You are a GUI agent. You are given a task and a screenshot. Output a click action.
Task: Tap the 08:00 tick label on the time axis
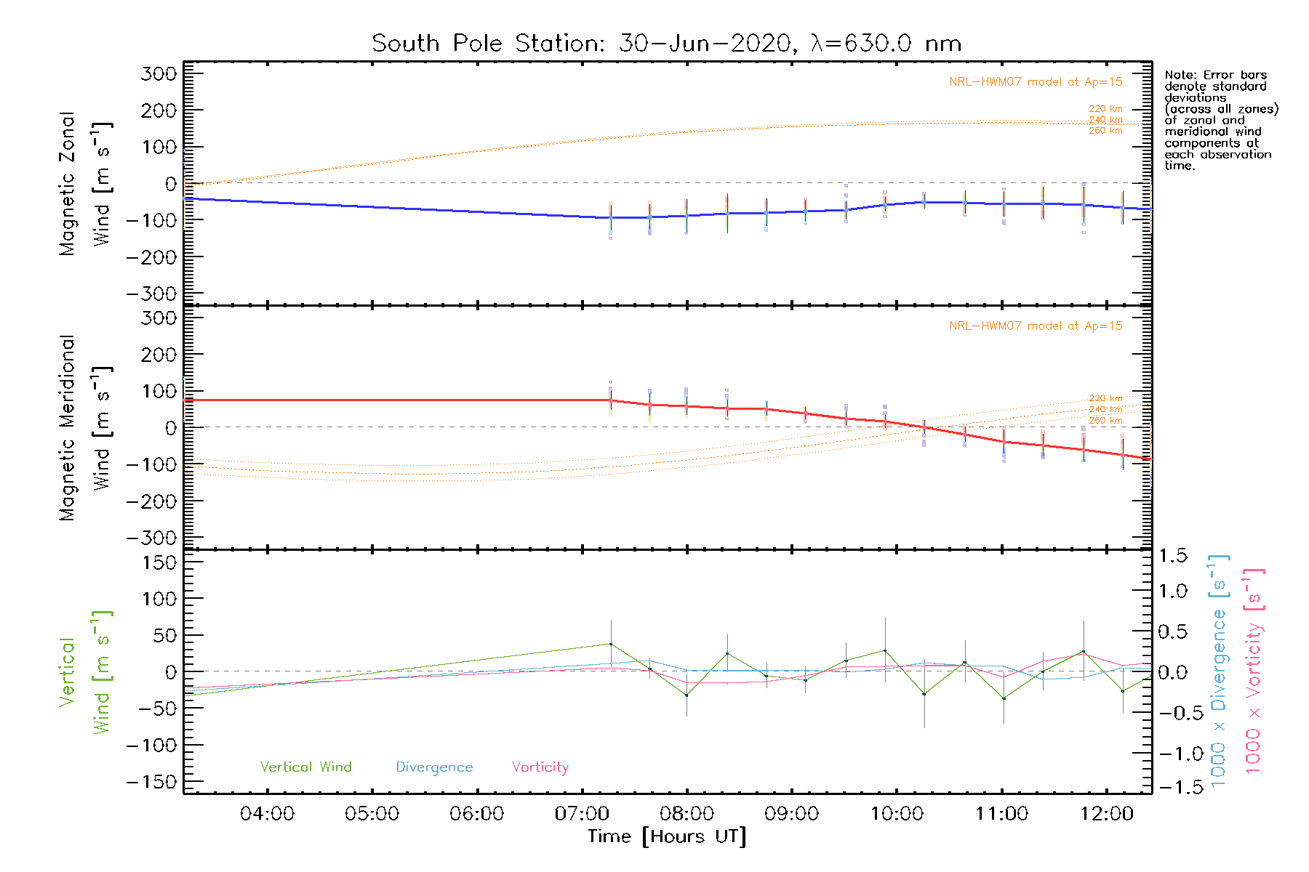click(x=686, y=814)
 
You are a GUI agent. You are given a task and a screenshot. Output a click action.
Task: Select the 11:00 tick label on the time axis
click(x=1001, y=814)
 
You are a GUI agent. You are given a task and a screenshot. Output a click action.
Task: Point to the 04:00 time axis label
click(x=267, y=814)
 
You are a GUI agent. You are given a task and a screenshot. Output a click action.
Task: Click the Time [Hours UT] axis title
click(x=666, y=836)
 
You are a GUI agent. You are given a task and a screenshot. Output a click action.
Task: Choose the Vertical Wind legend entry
click(x=305, y=767)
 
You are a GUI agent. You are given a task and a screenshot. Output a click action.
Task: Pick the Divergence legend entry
click(x=434, y=767)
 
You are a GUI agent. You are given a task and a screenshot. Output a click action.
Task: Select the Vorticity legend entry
click(x=540, y=767)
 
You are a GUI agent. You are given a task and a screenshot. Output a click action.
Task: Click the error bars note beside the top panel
click(x=1220, y=120)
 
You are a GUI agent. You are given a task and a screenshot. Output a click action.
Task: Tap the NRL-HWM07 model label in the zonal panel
click(x=1036, y=82)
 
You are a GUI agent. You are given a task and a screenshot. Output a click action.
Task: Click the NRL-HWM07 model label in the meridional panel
click(x=1036, y=326)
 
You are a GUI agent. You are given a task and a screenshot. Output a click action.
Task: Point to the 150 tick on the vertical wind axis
click(x=159, y=562)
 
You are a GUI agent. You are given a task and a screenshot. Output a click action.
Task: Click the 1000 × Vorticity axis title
click(x=1254, y=671)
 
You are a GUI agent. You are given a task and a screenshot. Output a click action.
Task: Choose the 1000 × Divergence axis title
click(x=1218, y=671)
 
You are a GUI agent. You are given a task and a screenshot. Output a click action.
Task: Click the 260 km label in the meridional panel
click(x=1105, y=421)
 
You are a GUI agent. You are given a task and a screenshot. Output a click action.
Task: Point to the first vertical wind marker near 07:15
click(x=610, y=644)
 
